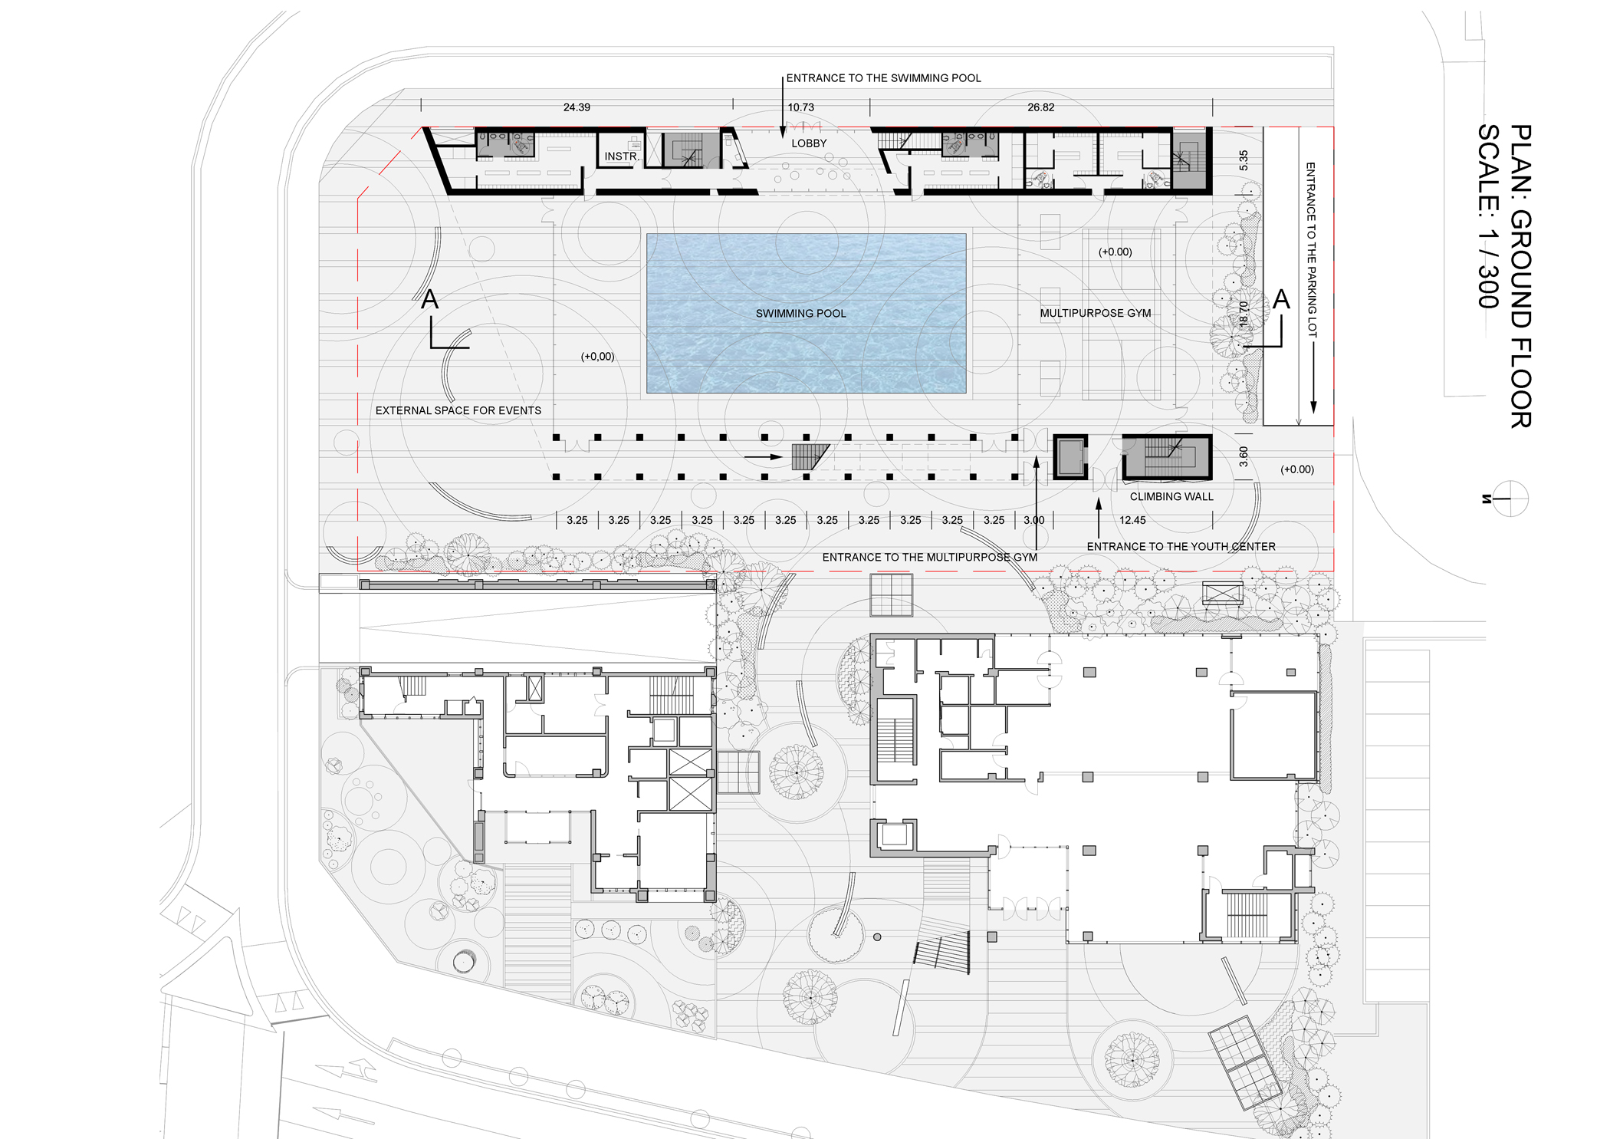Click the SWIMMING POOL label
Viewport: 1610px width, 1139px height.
(x=800, y=314)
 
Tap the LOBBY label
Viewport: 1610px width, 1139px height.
(x=809, y=143)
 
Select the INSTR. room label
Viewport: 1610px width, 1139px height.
(x=621, y=156)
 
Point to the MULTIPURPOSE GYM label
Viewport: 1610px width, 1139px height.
(x=1095, y=313)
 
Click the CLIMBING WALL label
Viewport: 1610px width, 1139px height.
(x=1171, y=497)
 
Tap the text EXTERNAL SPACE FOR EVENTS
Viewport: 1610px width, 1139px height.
(x=458, y=410)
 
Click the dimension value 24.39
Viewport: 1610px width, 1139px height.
(x=577, y=107)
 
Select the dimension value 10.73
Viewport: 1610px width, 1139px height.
(x=801, y=107)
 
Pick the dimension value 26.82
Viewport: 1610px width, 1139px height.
(x=1040, y=107)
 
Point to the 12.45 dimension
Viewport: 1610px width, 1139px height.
(x=1132, y=520)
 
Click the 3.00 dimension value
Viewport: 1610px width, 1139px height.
(x=1034, y=520)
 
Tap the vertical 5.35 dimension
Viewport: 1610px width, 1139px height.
(x=1244, y=160)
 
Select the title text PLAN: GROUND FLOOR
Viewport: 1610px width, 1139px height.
(x=1520, y=276)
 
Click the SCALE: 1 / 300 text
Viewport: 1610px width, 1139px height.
(x=1488, y=216)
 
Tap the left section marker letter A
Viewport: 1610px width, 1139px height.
(x=429, y=299)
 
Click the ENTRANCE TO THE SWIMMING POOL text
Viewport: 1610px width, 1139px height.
(x=883, y=78)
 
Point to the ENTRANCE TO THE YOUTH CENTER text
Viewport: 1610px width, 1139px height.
(x=1181, y=547)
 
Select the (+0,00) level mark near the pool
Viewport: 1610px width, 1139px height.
(x=597, y=357)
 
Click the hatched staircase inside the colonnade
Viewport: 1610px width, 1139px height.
(x=810, y=456)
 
